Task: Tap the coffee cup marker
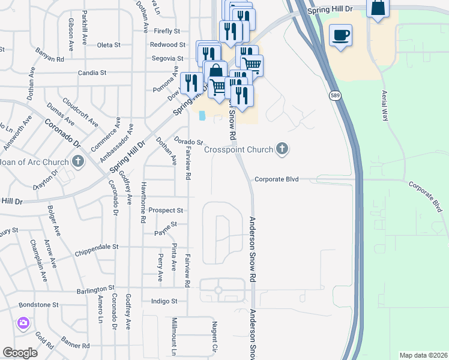click(x=340, y=35)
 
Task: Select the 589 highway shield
click(x=335, y=96)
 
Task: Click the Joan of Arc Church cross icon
click(x=77, y=161)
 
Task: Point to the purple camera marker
click(x=23, y=324)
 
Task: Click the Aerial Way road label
click(x=384, y=106)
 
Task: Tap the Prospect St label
click(x=166, y=211)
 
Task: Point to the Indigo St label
click(x=164, y=301)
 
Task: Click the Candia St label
click(x=92, y=73)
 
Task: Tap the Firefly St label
click(x=167, y=31)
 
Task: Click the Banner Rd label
click(x=75, y=346)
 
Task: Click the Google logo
click(x=20, y=353)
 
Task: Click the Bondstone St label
click(x=39, y=305)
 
